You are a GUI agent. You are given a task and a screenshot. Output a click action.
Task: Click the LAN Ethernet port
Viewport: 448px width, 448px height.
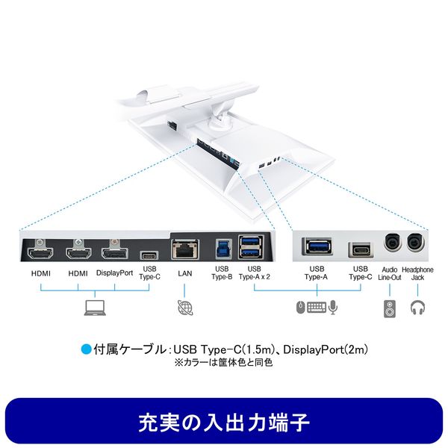pyautogui.click(x=185, y=249)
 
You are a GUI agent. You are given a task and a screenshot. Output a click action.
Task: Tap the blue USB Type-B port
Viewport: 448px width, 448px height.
pyautogui.click(x=222, y=248)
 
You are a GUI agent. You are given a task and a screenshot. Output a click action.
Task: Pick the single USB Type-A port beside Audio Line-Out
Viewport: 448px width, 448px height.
pyautogui.click(x=317, y=247)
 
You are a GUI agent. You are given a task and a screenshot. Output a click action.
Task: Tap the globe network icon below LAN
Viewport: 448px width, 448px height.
pyautogui.click(x=185, y=305)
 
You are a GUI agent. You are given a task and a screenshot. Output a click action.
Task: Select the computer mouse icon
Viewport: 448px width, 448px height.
pyautogui.click(x=299, y=306)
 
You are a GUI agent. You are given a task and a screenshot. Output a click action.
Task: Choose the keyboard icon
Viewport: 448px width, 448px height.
pyautogui.click(x=316, y=306)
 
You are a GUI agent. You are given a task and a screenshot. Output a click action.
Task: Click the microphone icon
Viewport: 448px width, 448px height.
pyautogui.click(x=332, y=306)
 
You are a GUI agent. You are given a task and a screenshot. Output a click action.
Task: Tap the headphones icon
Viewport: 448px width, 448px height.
pyautogui.click(x=417, y=306)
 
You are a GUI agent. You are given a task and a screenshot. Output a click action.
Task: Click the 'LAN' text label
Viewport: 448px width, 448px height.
pyautogui.click(x=185, y=273)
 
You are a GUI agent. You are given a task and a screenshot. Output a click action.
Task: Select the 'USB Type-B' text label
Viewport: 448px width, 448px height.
pyautogui.click(x=222, y=273)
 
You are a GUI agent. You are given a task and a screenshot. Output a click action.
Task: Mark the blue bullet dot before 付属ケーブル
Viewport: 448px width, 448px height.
pyautogui.click(x=85, y=348)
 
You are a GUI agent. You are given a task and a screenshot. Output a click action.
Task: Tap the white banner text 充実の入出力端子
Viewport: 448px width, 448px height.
pyautogui.click(x=224, y=421)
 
